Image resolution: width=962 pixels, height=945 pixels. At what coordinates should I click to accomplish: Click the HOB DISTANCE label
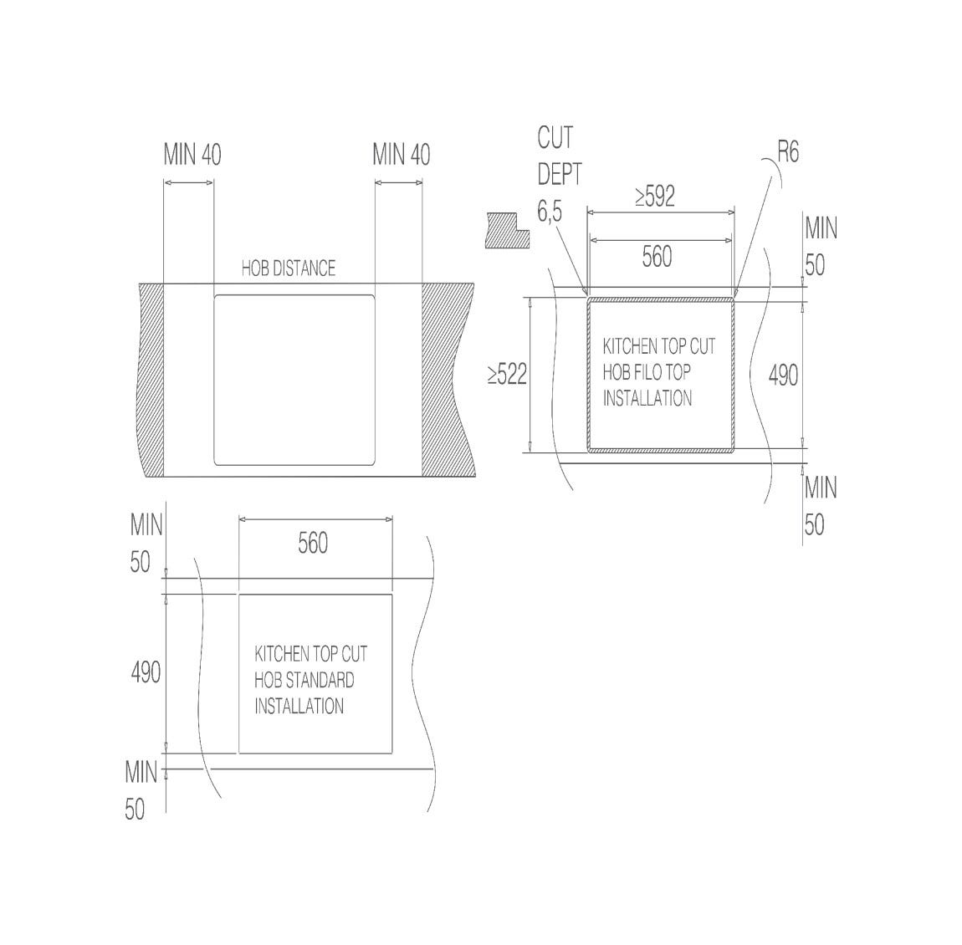[289, 268]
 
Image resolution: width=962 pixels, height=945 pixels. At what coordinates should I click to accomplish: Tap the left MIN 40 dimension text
[192, 155]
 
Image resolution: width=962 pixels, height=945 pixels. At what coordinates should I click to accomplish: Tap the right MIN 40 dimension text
[402, 155]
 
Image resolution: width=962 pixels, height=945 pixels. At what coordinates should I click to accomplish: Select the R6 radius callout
[788, 151]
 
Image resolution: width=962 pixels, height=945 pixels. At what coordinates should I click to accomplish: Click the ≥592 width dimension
[655, 197]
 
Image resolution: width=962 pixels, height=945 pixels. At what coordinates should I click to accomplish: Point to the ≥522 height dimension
[508, 374]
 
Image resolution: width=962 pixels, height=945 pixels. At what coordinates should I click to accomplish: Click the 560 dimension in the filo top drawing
[657, 257]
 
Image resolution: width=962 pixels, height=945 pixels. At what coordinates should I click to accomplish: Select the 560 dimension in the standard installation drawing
[313, 544]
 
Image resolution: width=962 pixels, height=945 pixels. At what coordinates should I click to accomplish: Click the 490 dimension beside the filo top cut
[784, 375]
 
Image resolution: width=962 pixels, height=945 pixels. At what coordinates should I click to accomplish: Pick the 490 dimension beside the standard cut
[146, 672]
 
